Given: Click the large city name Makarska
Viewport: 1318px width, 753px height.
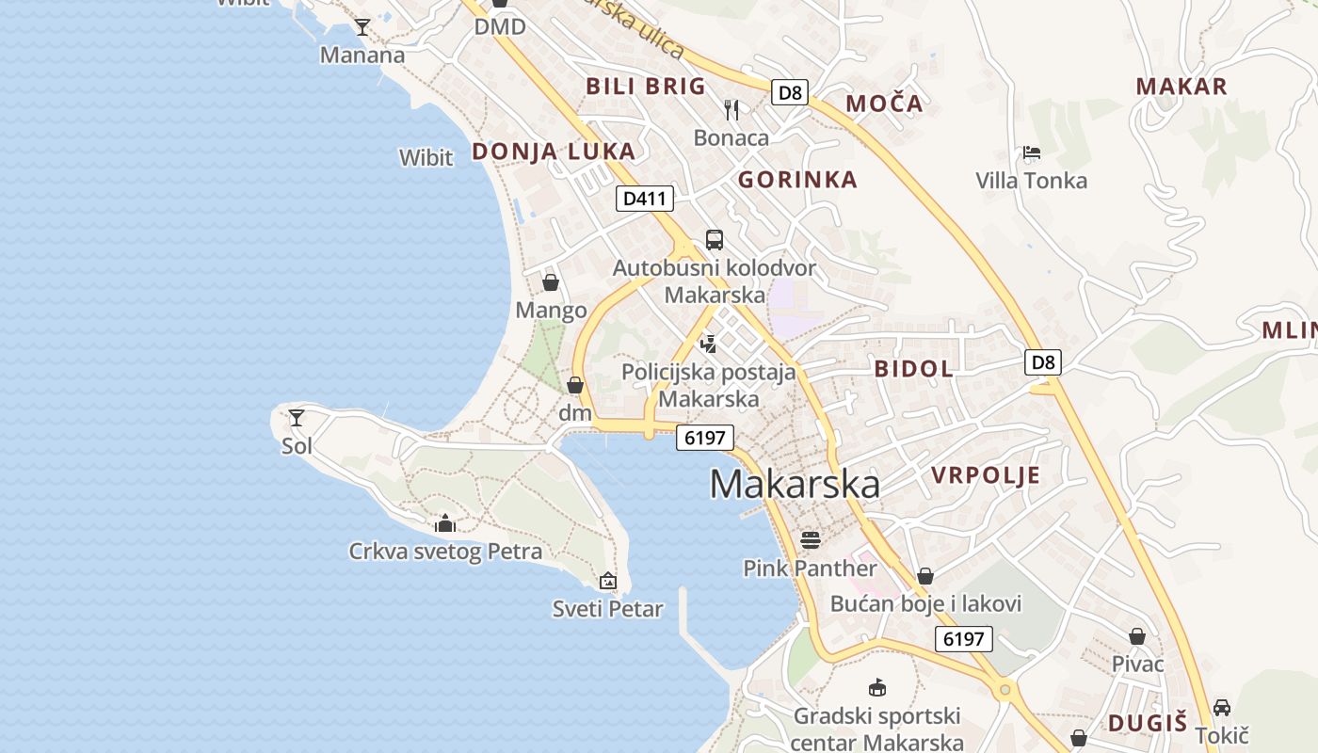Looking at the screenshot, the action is pyautogui.click(x=795, y=484).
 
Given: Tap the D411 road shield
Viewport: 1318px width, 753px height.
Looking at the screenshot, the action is pyautogui.click(x=645, y=199).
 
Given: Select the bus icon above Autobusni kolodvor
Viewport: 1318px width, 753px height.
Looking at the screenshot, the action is pyautogui.click(x=715, y=239).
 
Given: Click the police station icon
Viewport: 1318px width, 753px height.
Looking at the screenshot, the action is pyautogui.click(x=708, y=344).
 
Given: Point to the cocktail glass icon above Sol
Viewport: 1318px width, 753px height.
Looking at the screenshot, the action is pyautogui.click(x=297, y=417).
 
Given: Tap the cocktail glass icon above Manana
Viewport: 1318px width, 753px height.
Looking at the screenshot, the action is pyautogui.click(x=362, y=26).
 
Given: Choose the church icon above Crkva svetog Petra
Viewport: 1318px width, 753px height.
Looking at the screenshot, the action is pyautogui.click(x=445, y=523).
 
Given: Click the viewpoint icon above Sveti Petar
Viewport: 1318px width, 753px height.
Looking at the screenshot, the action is pyautogui.click(x=608, y=581).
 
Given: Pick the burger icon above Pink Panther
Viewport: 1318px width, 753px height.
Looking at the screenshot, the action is pyautogui.click(x=810, y=539).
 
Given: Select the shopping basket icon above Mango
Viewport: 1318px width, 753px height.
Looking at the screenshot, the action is pyautogui.click(x=551, y=282).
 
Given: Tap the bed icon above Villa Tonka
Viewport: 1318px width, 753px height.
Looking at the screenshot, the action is pyautogui.click(x=1031, y=152).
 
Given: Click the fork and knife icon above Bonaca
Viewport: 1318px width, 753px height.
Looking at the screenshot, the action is pyautogui.click(x=731, y=110).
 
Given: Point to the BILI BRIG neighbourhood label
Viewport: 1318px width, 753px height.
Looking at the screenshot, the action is pyautogui.click(x=646, y=87).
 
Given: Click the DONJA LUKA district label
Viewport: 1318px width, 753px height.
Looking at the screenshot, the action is pyautogui.click(x=554, y=152).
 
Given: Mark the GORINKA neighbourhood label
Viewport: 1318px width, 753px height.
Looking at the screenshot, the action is pyautogui.click(x=797, y=180).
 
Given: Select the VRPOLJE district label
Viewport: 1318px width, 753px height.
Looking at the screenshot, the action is pyautogui.click(x=986, y=475).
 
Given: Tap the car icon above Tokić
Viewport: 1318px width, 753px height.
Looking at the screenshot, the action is pyautogui.click(x=1222, y=707).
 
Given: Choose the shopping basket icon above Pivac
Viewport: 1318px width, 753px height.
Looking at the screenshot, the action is pyautogui.click(x=1137, y=636).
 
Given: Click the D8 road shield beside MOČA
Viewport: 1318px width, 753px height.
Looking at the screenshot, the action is pyautogui.click(x=791, y=92).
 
